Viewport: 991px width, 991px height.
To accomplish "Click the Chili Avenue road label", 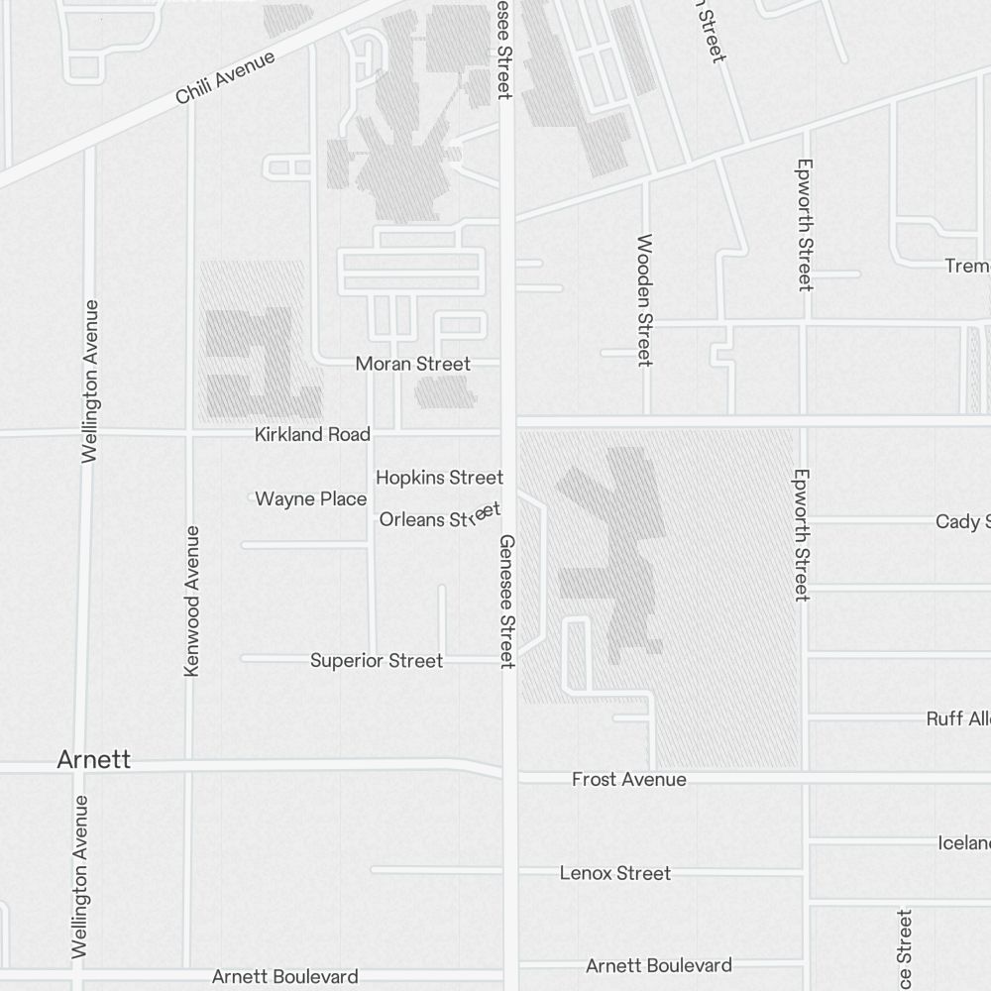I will tap(225, 78).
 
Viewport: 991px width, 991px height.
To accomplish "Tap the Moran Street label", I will tap(413, 364).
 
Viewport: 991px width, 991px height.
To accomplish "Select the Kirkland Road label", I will tap(312, 434).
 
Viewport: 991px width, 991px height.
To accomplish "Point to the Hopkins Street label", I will tap(439, 478).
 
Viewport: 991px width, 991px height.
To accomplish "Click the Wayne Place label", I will tap(311, 498).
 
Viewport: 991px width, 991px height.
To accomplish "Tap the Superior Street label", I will tap(377, 660).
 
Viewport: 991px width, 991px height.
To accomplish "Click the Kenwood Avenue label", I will tap(192, 602).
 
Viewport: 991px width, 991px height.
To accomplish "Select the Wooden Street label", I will tap(645, 299).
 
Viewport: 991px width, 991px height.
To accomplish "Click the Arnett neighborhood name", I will tap(94, 760).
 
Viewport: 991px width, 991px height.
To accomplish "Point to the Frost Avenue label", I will tap(628, 780).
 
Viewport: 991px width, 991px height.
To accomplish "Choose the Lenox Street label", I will tap(615, 873).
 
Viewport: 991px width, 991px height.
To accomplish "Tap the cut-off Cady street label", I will tap(962, 521).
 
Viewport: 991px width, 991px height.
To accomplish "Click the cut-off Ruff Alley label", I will tap(958, 718).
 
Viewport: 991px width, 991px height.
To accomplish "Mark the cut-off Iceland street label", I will tap(963, 843).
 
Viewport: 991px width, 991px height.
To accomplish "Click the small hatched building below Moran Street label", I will tap(445, 392).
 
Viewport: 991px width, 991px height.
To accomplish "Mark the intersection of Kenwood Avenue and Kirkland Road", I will tap(188, 433).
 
